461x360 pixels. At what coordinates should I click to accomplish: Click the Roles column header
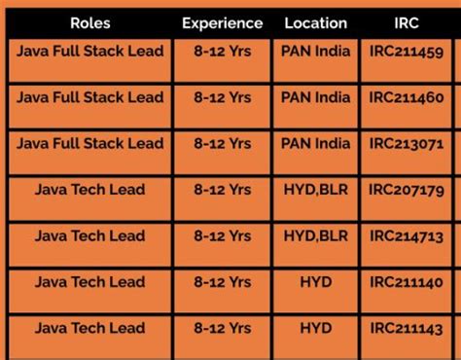coord(89,22)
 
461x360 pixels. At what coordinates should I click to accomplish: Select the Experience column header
coord(222,22)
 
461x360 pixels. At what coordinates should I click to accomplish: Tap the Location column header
coord(315,22)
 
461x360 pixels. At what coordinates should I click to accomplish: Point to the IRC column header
coord(407,22)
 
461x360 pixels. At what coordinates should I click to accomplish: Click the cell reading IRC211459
coord(407,52)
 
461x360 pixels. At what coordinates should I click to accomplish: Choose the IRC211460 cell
coord(407,98)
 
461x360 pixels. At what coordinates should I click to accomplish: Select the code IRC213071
coord(407,145)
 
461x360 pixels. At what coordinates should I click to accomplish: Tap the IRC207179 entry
coord(407,191)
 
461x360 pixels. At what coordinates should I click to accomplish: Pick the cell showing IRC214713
coord(407,236)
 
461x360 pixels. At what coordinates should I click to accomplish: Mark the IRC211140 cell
coord(407,283)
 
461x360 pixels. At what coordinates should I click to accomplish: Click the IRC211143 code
coord(407,329)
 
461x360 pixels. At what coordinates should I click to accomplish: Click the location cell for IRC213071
coord(315,144)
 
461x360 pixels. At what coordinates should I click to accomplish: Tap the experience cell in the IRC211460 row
coord(222,97)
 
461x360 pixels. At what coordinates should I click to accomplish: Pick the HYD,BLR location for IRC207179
coord(315,190)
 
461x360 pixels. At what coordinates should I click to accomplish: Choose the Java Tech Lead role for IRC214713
coord(89,235)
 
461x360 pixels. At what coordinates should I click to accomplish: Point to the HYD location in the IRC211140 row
coord(315,282)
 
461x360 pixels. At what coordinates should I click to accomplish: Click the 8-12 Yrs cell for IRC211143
coord(222,328)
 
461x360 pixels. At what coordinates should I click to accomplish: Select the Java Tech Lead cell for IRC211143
coord(89,328)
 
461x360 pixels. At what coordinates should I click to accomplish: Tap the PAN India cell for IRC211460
coord(315,97)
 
